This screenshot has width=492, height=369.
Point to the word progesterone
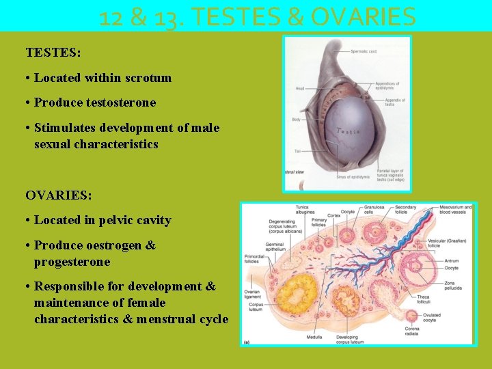(x=72, y=262)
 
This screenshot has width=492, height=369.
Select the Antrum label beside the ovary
(x=452, y=260)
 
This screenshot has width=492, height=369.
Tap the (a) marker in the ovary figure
(x=247, y=340)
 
